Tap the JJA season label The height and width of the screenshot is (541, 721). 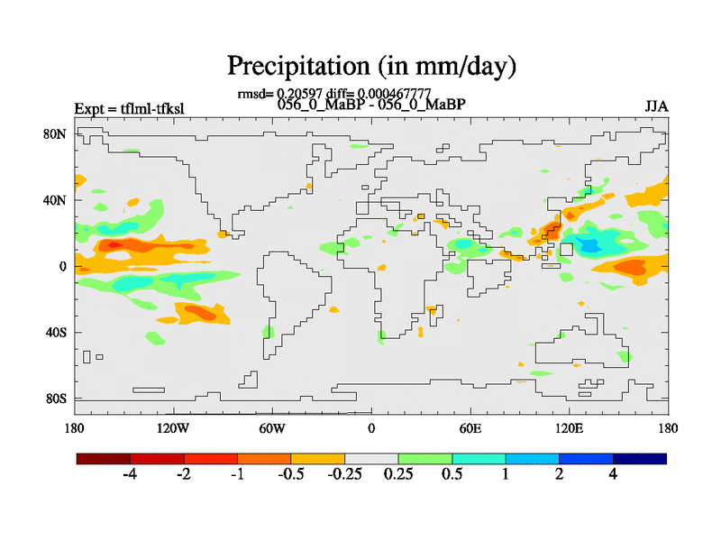656,107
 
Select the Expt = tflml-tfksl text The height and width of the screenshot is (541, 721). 129,109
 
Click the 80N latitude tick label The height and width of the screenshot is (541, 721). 55,134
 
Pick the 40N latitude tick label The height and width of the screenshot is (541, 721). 55,200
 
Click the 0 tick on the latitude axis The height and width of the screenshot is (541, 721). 63,266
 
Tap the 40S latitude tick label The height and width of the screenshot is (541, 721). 55,333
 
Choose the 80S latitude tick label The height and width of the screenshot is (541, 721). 55,399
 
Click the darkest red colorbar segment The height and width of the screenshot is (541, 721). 104,459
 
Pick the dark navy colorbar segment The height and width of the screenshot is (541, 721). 640,459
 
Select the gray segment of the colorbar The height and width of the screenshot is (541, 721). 371,459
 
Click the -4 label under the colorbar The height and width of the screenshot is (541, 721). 129,474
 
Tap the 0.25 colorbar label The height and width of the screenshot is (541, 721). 397,474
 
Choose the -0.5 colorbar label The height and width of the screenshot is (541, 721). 290,474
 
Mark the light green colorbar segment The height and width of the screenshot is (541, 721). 425,459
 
